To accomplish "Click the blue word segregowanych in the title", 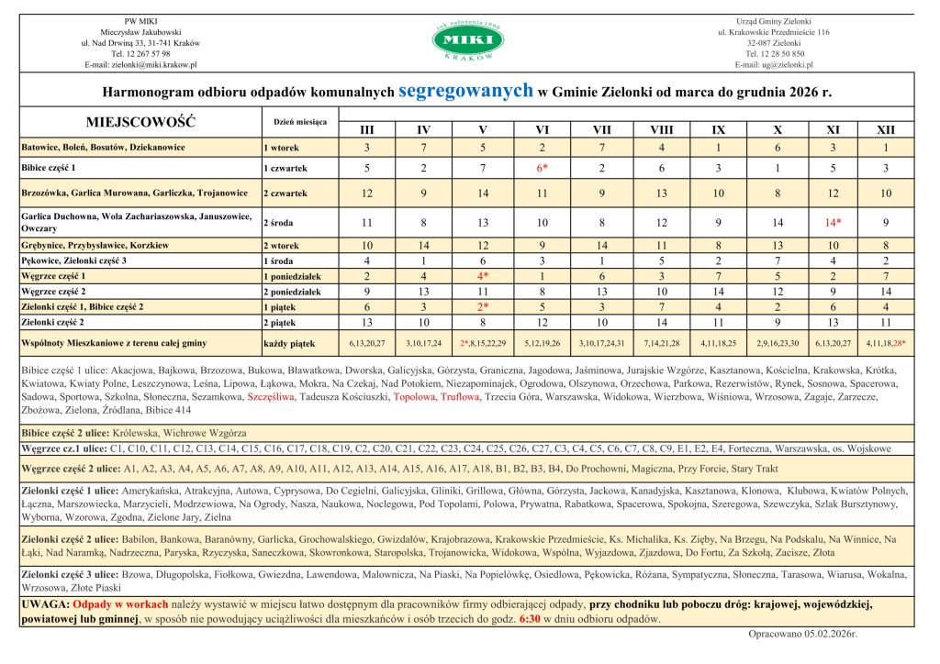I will tap(466, 90).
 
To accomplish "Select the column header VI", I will tap(542, 130).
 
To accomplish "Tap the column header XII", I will tap(886, 130).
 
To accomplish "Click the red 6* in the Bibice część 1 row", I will tap(543, 169).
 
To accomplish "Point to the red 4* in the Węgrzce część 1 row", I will tap(483, 276).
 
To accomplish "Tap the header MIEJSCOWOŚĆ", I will tap(140, 122).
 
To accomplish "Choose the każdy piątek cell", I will tap(288, 343).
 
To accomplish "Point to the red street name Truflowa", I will tap(460, 398).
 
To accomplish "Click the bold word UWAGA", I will tap(43, 604).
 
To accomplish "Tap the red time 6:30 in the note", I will tap(530, 619).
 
